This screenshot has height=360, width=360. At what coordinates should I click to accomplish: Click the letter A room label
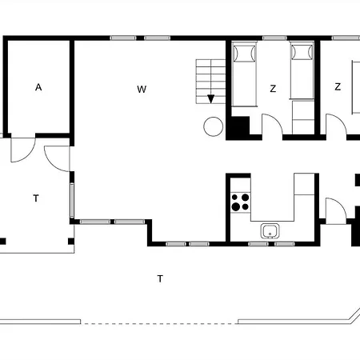click(x=38, y=88)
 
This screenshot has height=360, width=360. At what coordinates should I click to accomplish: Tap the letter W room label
click(x=141, y=89)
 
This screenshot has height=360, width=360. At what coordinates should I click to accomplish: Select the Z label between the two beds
click(x=273, y=89)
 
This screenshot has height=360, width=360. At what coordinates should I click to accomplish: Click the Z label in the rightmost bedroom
click(x=338, y=86)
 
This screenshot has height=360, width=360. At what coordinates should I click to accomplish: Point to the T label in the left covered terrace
click(x=36, y=198)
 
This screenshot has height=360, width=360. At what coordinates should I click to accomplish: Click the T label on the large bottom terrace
click(x=160, y=278)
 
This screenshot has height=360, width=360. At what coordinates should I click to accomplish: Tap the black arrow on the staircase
click(x=211, y=99)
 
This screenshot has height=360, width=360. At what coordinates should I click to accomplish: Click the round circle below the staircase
click(x=214, y=126)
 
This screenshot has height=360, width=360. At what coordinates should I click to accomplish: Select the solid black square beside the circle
click(x=238, y=128)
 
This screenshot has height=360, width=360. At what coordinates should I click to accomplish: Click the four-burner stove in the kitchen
click(x=239, y=202)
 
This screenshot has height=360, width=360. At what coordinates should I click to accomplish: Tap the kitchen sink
click(x=270, y=232)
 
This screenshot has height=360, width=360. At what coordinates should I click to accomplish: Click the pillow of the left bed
click(x=243, y=54)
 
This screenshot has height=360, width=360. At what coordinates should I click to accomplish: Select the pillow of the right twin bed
click(x=302, y=54)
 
